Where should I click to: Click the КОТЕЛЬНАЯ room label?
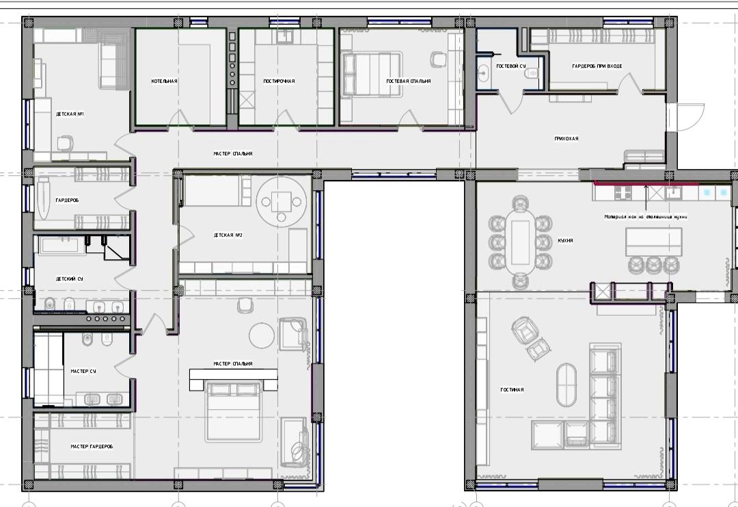[164, 81]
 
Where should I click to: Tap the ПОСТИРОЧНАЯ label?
[279, 81]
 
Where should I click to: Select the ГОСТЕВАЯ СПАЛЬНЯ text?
[409, 81]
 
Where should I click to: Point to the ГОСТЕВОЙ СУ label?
[511, 66]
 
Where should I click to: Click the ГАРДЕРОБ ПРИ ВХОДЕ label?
[597, 66]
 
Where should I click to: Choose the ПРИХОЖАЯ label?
[566, 138]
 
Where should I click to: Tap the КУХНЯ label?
[565, 240]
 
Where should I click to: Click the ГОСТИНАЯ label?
[512, 390]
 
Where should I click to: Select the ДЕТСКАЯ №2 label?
[228, 235]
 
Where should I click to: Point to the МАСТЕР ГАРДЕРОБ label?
[92, 446]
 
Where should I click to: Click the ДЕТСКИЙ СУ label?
[70, 279]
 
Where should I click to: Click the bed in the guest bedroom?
[372, 75]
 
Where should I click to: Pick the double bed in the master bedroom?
[234, 411]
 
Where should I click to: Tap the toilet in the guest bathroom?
[532, 73]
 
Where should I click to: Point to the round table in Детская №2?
[281, 202]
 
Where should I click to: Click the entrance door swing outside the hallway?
[689, 118]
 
